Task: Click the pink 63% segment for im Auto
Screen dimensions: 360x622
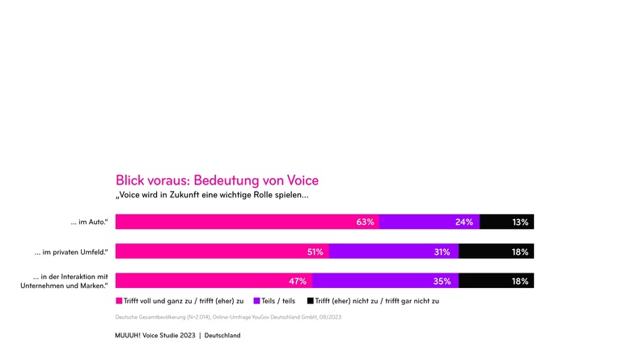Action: tap(247, 222)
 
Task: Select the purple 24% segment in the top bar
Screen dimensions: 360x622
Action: tap(429, 222)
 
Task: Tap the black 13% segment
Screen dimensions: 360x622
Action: tap(506, 222)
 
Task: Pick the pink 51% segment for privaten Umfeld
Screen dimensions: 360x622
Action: tap(222, 252)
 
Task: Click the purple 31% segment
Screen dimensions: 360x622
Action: tap(393, 252)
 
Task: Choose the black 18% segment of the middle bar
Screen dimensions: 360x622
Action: tap(496, 252)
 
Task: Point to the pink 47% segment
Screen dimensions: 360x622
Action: tap(214, 281)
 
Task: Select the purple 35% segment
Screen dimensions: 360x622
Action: tap(385, 281)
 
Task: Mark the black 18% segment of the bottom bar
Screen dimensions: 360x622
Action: tap(496, 281)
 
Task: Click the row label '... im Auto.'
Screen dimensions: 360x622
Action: tap(89, 222)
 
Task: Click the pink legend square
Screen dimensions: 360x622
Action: tap(119, 300)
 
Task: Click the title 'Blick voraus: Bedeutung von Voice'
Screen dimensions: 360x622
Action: tap(217, 180)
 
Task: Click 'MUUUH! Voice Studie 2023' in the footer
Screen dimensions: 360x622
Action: tap(154, 335)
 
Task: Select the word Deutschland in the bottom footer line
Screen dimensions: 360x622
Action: tap(222, 335)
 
